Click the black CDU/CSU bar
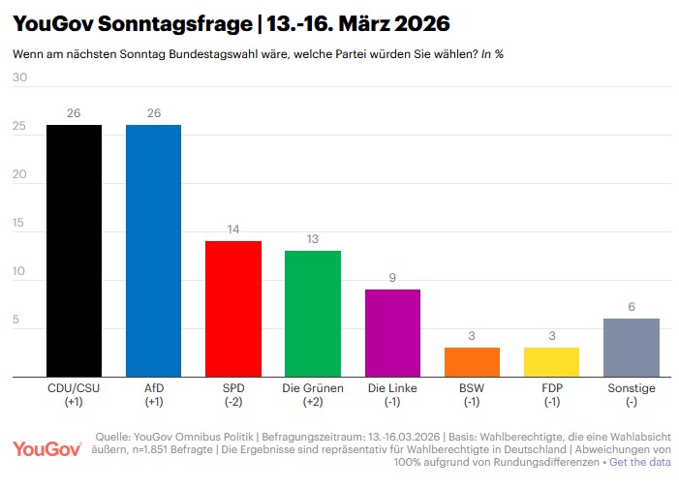74,250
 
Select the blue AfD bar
153,250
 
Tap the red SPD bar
233,308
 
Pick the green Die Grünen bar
312,313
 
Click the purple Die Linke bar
392,332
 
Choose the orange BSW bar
472,361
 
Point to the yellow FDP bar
551,361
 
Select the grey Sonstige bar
631,347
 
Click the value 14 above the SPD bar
233,229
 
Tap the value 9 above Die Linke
392,278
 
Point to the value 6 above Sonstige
631,307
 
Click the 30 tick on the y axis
19,77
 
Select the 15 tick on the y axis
19,223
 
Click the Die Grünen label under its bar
312,388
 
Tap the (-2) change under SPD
233,402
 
